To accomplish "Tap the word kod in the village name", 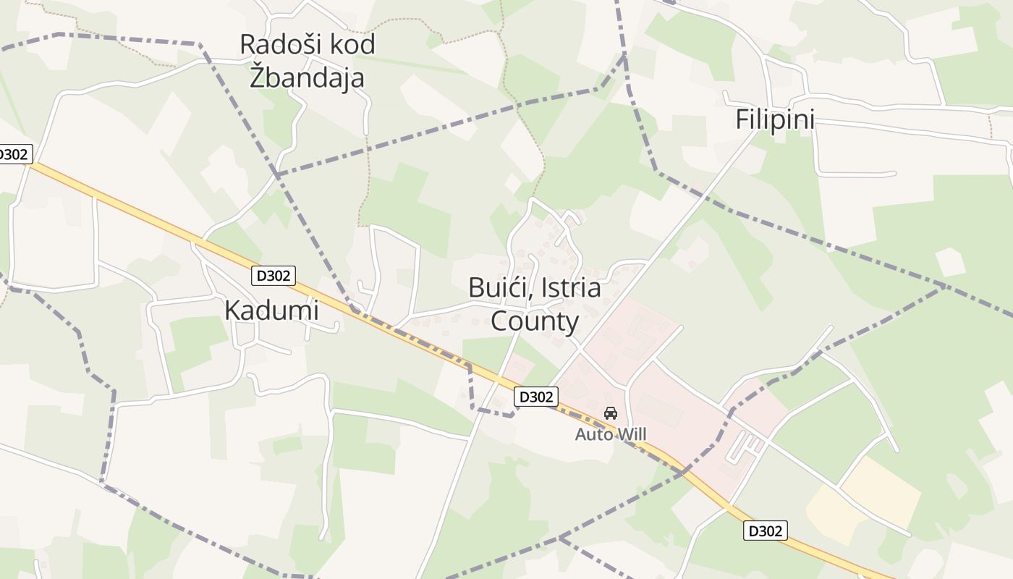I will point(352,45).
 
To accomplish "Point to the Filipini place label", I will point(775,119).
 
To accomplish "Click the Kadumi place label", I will point(271,310).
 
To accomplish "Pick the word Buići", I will point(495,287).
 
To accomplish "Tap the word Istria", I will point(568,287).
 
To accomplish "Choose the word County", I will point(535,321).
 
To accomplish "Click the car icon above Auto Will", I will point(611,413).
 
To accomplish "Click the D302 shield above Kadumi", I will point(274,275).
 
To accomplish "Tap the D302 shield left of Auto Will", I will point(536,397).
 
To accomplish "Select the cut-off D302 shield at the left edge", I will point(13,154).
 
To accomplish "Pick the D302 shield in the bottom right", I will point(765,531).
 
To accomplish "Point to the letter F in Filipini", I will point(742,119).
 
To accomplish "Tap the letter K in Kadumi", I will point(232,310).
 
